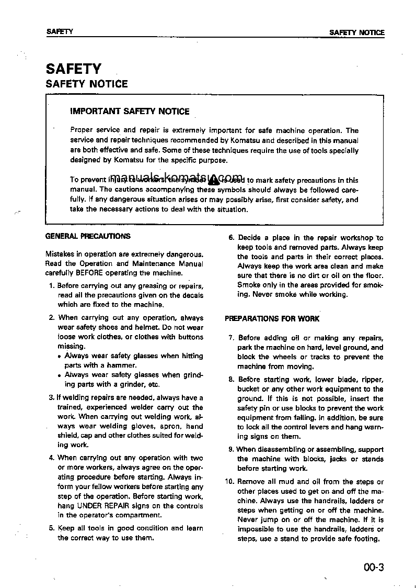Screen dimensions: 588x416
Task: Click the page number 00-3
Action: pyautogui.click(x=372, y=567)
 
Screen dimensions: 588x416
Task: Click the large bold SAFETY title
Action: pyautogui.click(x=74, y=69)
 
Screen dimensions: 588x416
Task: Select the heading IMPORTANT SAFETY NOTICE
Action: pyautogui.click(x=130, y=112)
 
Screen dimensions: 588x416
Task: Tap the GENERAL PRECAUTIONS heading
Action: pyautogui.click(x=88, y=236)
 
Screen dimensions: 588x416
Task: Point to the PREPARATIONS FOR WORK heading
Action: pyautogui.click(x=272, y=318)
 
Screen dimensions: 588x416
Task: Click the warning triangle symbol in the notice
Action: pyautogui.click(x=213, y=180)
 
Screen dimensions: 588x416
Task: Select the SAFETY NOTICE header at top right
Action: pyautogui.click(x=356, y=32)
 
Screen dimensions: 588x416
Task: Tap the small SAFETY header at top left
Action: pyautogui.click(x=60, y=32)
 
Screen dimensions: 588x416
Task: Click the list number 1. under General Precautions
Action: pyautogui.click(x=52, y=286)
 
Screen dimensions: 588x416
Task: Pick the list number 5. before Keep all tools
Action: pyautogui.click(x=52, y=528)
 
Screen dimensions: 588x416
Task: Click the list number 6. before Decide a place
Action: pyautogui.click(x=232, y=238)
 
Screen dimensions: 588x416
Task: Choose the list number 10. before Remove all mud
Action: pyautogui.click(x=229, y=482)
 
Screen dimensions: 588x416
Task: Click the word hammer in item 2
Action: pyautogui.click(x=125, y=365)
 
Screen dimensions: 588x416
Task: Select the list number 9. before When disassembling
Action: pyautogui.click(x=231, y=449)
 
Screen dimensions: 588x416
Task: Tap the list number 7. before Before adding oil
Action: pyautogui.click(x=232, y=338)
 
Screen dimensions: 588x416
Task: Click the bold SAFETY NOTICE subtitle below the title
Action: pyautogui.click(x=87, y=84)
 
